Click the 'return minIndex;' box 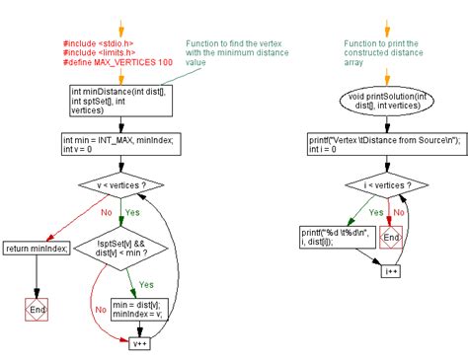(37, 248)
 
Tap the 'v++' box (138, 343)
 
